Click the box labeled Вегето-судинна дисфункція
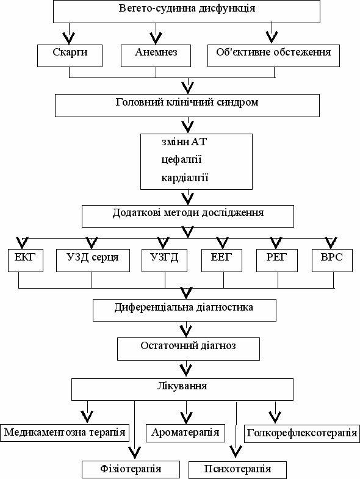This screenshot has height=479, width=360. point(187,12)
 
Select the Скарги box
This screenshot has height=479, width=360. point(70,56)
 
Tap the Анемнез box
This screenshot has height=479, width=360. point(156,56)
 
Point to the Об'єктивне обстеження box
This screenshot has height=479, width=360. point(273,56)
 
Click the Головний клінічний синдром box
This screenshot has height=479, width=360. point(187,106)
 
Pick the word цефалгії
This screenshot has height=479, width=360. point(182,160)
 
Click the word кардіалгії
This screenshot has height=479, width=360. point(185,178)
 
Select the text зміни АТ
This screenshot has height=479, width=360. point(184,142)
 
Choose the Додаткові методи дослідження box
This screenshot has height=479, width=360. point(188,216)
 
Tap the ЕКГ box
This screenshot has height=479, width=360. point(26,261)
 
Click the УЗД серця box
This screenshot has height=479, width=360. point(93,261)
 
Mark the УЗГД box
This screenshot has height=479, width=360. point(164,261)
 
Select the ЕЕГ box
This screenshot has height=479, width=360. point(222,261)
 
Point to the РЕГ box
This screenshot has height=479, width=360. point(277,261)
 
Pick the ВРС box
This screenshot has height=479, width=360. point(332,261)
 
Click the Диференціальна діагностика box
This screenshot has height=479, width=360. point(185,310)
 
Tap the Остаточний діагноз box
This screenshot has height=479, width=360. point(189,349)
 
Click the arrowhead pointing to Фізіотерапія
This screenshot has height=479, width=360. point(134,452)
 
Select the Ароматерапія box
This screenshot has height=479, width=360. point(185,433)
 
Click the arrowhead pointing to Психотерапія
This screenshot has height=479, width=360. point(236,451)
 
